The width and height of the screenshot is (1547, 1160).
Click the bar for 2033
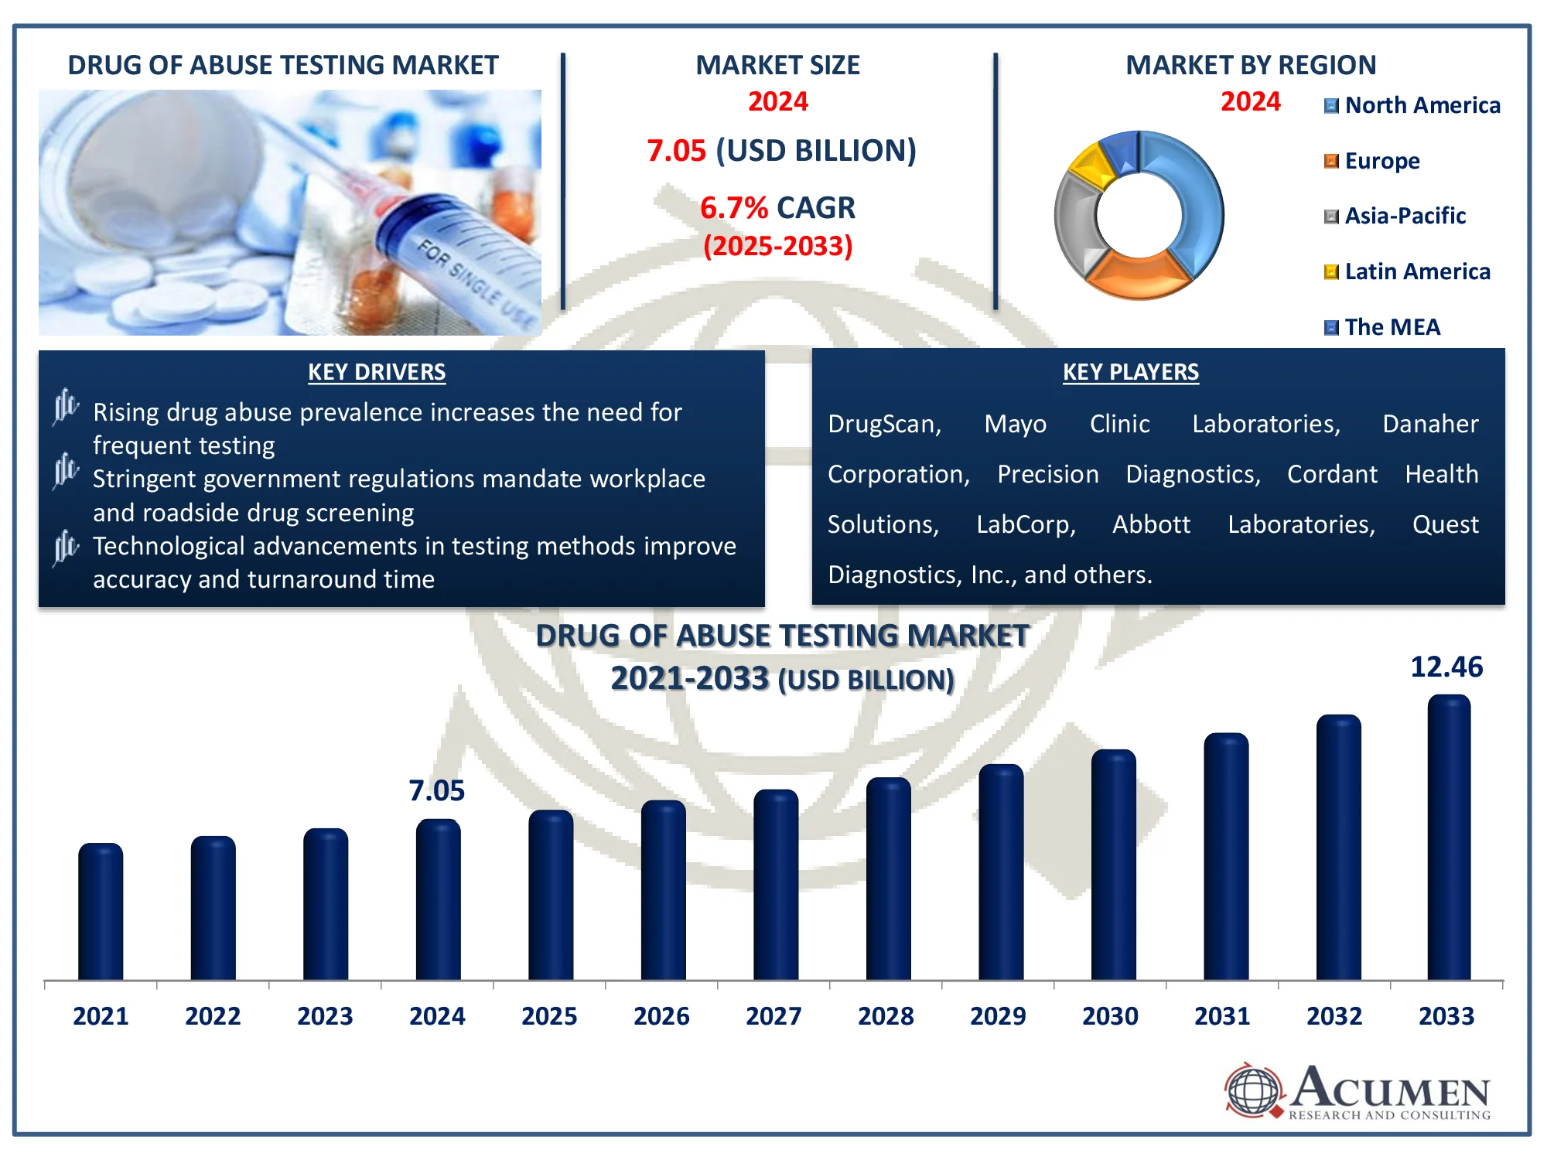[1449, 838]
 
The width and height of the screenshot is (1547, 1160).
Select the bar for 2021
[101, 912]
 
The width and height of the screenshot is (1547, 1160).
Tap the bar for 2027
[776, 885]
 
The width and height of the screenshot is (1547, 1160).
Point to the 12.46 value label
[1446, 667]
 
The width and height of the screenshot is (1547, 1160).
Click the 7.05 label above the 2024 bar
[436, 790]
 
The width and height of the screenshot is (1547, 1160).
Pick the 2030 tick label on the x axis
[1110, 1015]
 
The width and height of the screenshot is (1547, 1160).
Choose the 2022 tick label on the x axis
[213, 1015]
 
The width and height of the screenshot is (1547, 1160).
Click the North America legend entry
[1412, 105]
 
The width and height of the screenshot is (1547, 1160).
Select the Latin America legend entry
[1407, 271]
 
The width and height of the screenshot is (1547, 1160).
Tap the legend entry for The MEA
[1382, 327]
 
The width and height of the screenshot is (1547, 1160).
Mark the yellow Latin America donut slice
[1091, 165]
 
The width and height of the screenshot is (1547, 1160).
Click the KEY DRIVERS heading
[377, 372]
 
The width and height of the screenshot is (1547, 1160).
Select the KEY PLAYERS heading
[1130, 372]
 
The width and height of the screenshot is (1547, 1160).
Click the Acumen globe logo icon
[1254, 1090]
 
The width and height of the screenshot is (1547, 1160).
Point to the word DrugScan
[884, 424]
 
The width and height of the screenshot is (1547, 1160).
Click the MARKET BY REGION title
[1251, 65]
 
